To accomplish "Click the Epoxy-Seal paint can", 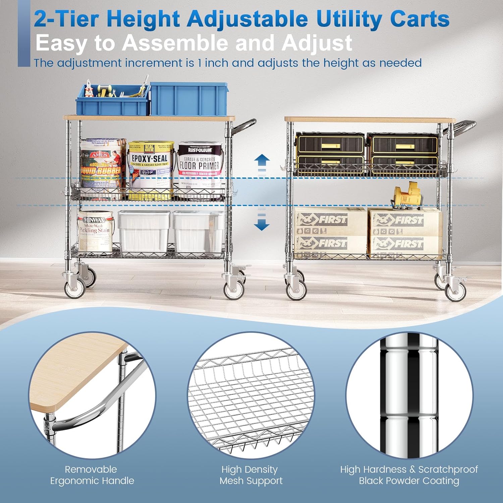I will tap(151, 169).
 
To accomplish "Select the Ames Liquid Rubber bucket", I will tap(102, 168).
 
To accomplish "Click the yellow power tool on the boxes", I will tap(407, 194).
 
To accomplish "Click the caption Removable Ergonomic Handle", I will tap(92, 475).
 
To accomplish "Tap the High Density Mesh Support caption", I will tap(251, 475).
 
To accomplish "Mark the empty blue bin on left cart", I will tap(188, 99).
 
